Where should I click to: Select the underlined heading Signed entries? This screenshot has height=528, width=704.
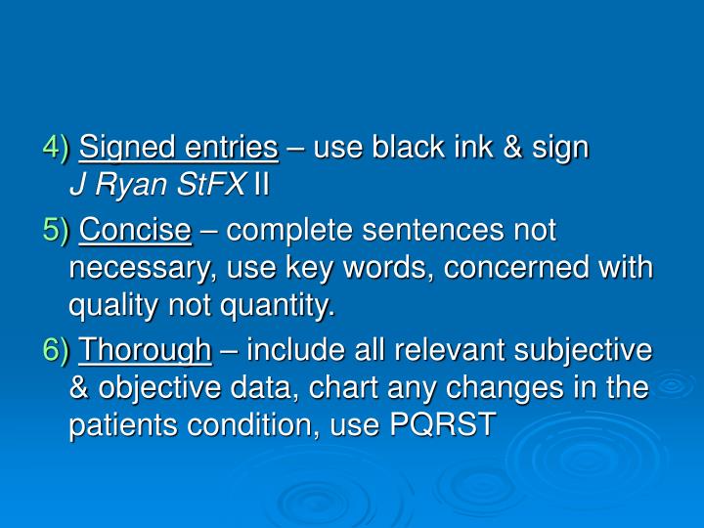click(x=179, y=149)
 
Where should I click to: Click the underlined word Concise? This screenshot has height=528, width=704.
click(x=135, y=232)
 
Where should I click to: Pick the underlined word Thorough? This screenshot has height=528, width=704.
click(x=145, y=350)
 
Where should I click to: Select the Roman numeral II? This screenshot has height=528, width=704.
click(x=261, y=186)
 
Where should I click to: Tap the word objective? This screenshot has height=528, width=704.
click(x=145, y=388)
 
